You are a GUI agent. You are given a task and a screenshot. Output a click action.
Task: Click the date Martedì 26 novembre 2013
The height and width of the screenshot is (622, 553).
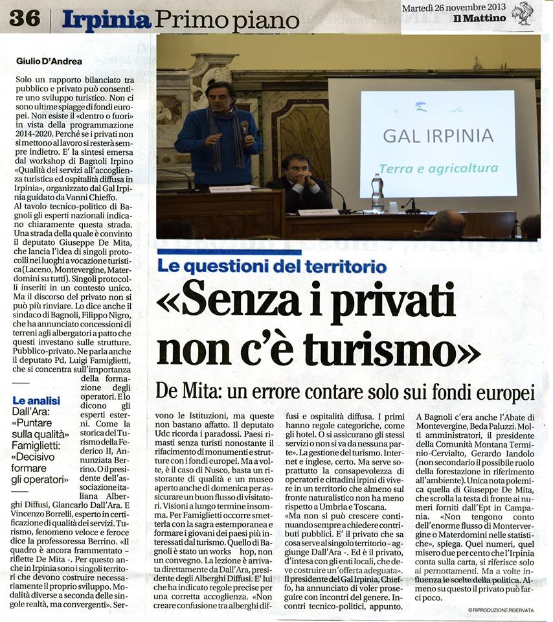(453, 7)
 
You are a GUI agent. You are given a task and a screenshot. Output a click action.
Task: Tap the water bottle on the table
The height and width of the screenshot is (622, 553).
(378, 193)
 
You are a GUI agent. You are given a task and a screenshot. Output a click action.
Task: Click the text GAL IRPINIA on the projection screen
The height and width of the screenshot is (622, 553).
(438, 136)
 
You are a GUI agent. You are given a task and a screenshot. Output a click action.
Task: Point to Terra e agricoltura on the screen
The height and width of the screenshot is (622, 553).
(438, 168)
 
